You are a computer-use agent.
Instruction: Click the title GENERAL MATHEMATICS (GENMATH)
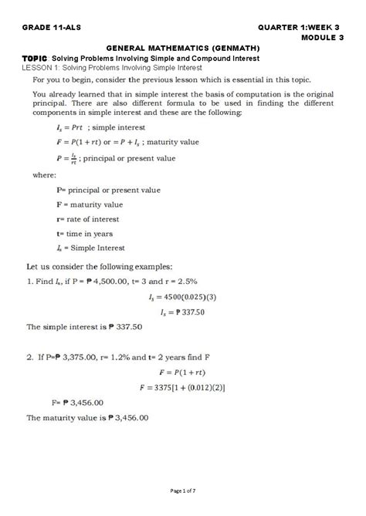182,48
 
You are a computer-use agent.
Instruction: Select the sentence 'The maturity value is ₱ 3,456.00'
87,417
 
